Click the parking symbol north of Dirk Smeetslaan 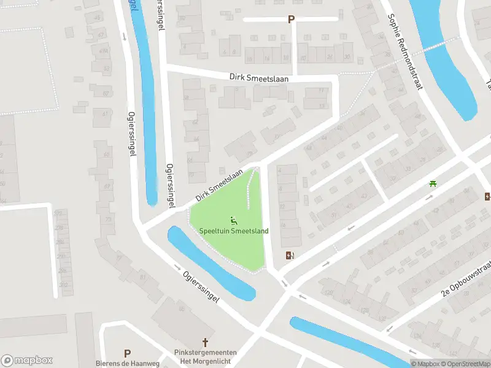click(x=291, y=19)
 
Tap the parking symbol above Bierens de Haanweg click(x=128, y=353)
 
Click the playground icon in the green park click(x=233, y=220)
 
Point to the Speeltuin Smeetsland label click(x=234, y=231)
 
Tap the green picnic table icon click(x=433, y=183)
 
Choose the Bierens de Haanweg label click(x=128, y=363)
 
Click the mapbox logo click(x=27, y=361)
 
